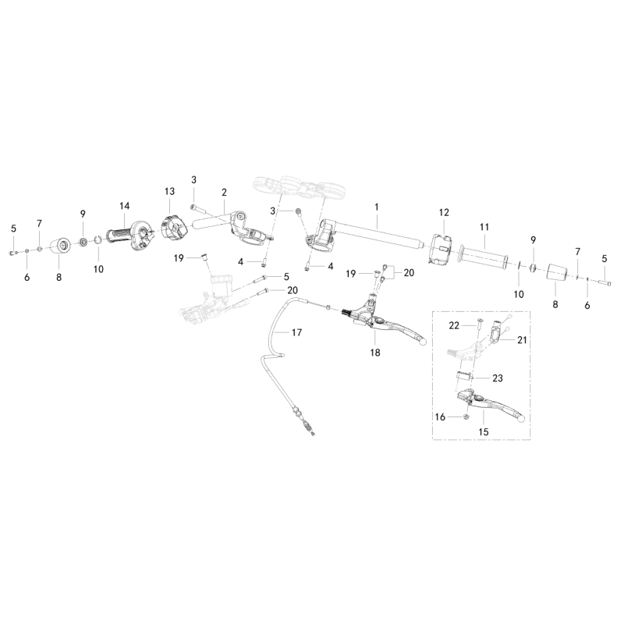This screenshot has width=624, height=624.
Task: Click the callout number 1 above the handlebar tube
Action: click(377, 207)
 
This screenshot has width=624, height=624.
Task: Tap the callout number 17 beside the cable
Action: click(297, 332)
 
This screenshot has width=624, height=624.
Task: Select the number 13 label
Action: click(169, 191)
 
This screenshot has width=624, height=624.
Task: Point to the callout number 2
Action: click(224, 193)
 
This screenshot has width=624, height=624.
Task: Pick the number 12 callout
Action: click(444, 212)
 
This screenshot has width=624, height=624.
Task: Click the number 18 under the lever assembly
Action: click(375, 353)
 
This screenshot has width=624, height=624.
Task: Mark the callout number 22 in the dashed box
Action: click(454, 325)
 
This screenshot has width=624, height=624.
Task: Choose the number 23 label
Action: click(498, 378)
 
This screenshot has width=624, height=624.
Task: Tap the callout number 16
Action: click(440, 417)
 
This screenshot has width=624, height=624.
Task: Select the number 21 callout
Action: click(522, 340)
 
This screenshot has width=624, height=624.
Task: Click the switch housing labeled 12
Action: click(441, 249)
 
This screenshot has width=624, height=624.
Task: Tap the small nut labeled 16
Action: click(467, 417)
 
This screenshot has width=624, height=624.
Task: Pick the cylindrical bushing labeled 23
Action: click(463, 377)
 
